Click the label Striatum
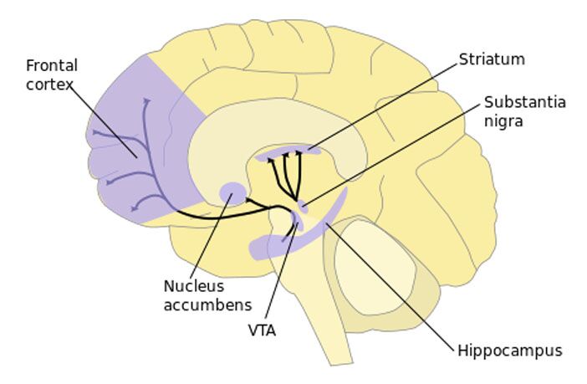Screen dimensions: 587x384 pos(492,59)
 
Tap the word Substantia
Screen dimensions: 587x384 pos(525,102)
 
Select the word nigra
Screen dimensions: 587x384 pos(503,122)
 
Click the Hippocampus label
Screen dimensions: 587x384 pos(510,351)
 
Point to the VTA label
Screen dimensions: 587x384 pos(262,330)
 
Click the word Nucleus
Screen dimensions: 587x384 pos(194,286)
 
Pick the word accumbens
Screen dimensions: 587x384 pos(207,305)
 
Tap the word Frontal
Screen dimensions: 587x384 pos(52,65)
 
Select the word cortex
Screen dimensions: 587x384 pos(49,84)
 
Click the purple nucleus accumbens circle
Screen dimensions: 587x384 pos(232,193)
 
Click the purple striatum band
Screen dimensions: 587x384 pos(288,151)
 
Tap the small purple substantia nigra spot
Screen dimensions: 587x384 pos(303,207)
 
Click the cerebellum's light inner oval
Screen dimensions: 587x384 pos(375,267)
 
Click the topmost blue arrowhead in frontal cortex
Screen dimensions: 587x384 pos(146,100)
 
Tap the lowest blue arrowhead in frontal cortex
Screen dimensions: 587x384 pos(135,207)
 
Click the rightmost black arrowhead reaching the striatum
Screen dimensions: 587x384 pos(299,152)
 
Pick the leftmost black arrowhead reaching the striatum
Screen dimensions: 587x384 pos(270,160)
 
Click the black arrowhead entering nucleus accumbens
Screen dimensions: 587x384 pos(248,200)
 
